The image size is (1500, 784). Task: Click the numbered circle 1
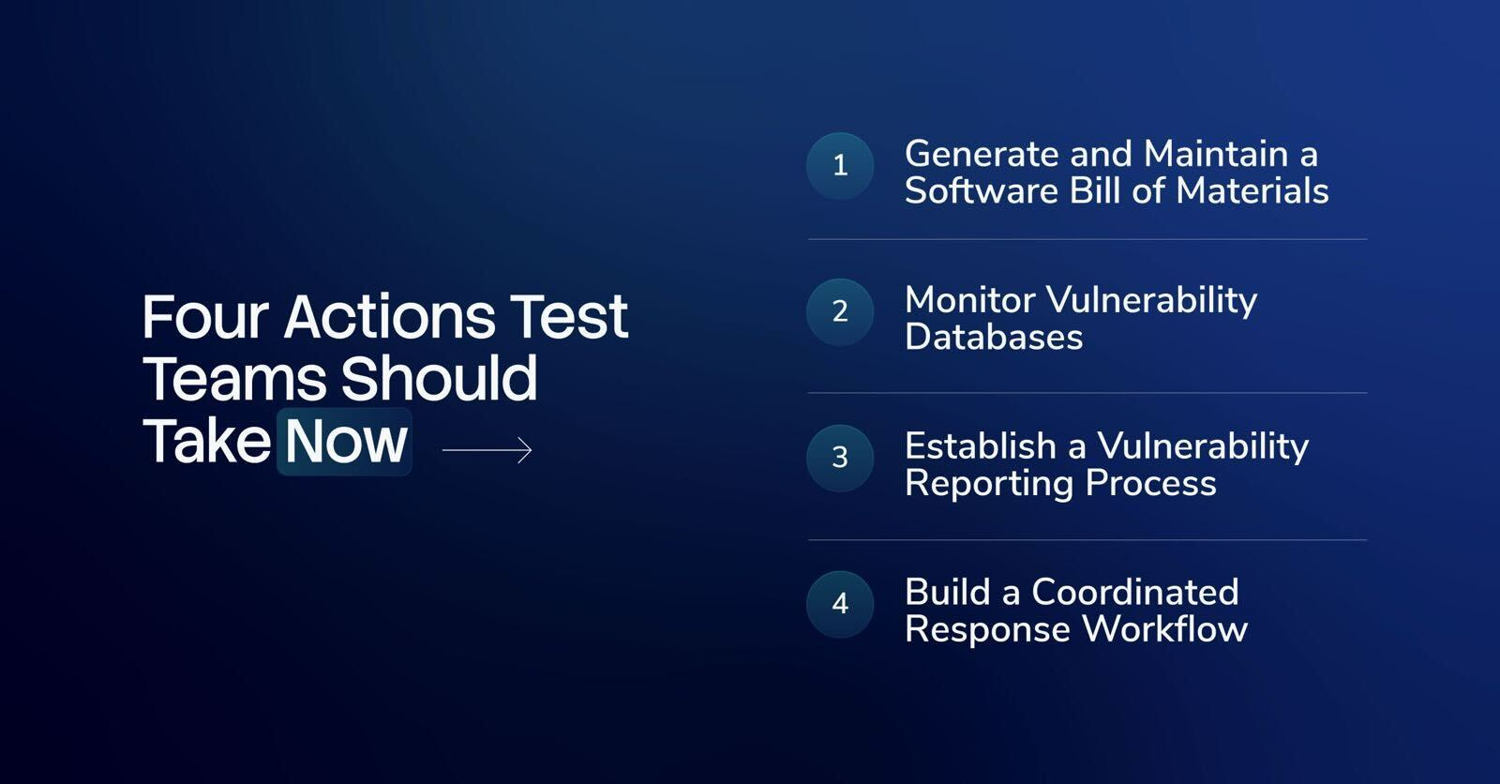pos(840,165)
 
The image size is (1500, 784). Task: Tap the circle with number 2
pos(840,311)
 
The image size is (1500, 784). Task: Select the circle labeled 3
pos(840,458)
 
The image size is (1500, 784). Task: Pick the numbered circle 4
pos(840,604)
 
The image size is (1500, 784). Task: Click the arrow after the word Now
pos(487,449)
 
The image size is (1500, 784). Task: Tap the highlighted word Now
pos(346,442)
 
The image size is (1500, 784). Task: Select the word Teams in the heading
pos(233,379)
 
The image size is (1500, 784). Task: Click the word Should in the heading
pos(440,379)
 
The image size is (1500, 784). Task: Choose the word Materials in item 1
pos(1252,191)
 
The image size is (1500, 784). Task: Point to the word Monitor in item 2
pos(970,299)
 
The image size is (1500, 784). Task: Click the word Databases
pos(994,337)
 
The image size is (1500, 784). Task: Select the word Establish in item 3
pos(981,446)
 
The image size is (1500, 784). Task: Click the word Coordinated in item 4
pos(1135,593)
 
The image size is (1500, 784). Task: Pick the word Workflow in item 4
pos(1165,629)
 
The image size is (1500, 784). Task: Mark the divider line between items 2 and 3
pos(1087,393)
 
